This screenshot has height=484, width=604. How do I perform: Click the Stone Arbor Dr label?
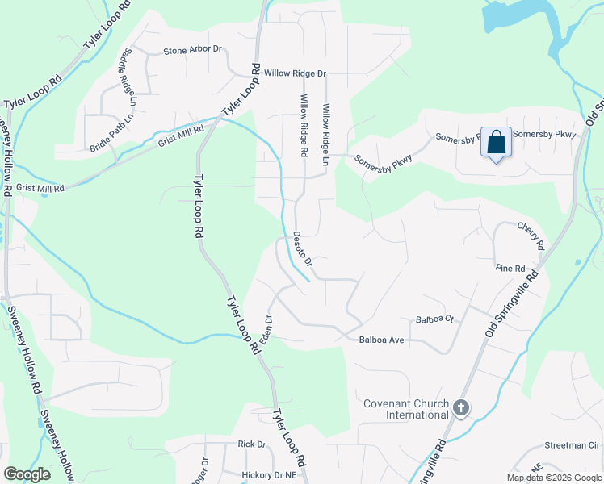[192, 50]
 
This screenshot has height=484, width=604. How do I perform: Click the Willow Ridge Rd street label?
[304, 125]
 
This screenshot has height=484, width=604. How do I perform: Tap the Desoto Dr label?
[302, 249]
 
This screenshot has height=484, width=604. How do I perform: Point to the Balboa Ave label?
[380, 340]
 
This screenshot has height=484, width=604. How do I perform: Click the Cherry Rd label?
[531, 235]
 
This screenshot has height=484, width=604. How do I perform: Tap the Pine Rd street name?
[510, 268]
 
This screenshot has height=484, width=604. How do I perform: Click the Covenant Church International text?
[405, 409]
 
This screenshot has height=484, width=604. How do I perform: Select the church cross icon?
[461, 408]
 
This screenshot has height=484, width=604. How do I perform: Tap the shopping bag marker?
[496, 143]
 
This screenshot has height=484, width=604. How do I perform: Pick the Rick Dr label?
[251, 444]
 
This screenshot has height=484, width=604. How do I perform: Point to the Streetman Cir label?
[572, 445]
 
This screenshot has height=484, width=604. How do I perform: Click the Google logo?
[27, 474]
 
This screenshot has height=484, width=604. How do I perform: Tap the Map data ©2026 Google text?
[554, 478]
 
